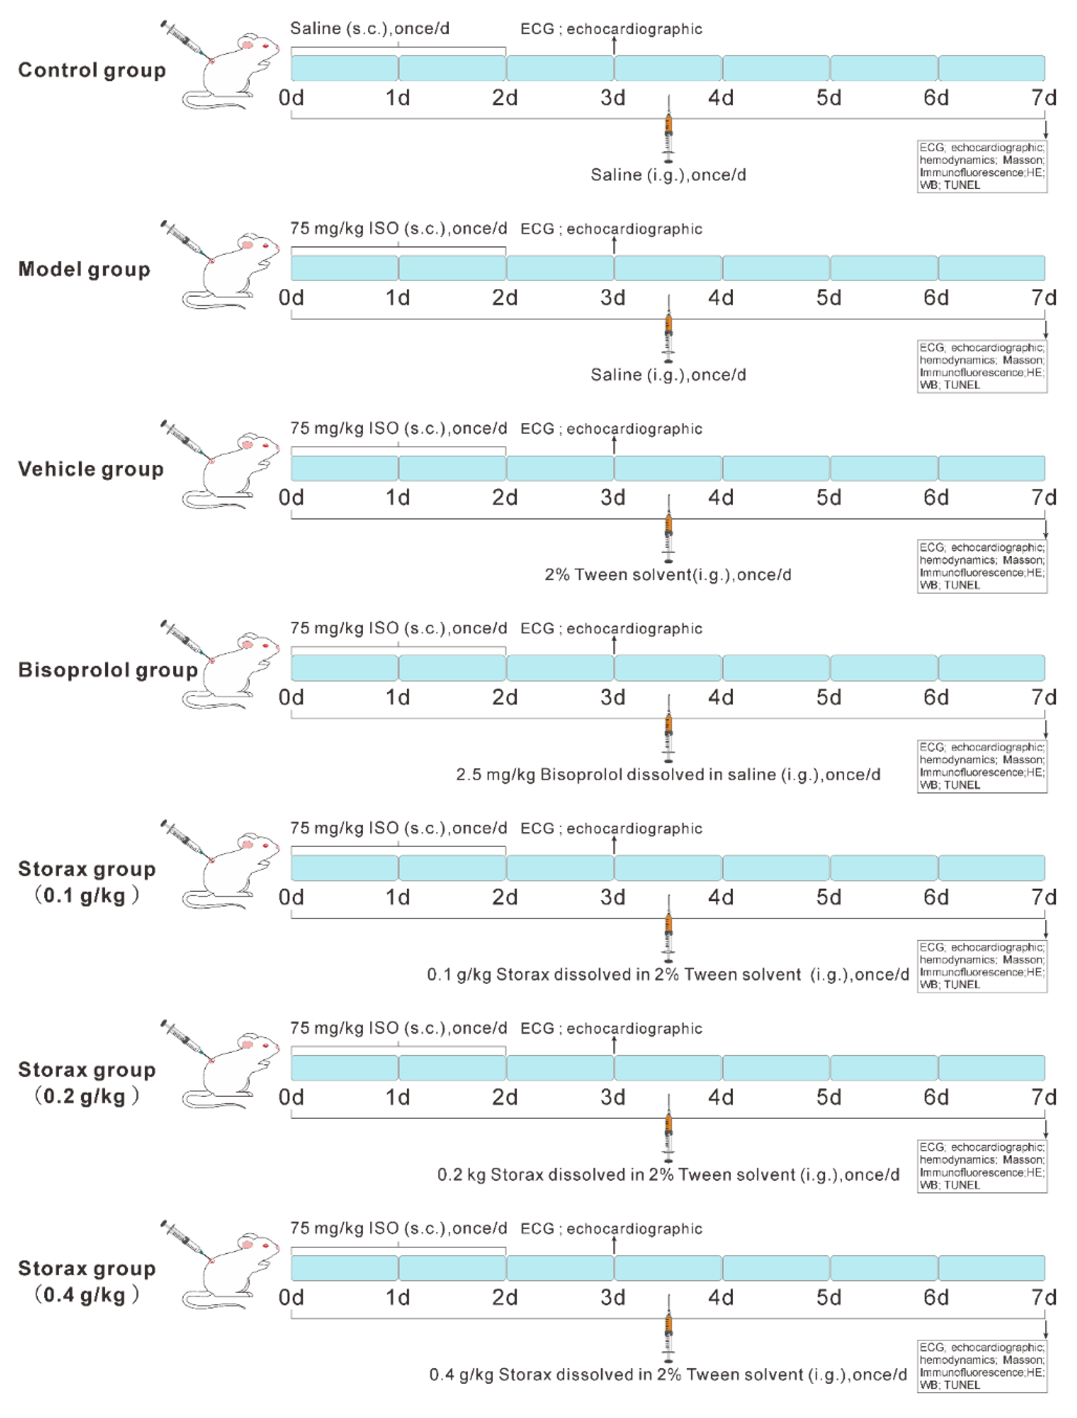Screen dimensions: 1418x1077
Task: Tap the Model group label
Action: click(x=84, y=269)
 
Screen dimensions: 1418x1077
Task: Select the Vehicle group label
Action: click(x=90, y=469)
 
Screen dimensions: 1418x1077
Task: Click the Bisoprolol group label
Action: click(x=108, y=670)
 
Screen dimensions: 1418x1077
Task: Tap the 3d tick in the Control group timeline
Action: click(x=613, y=98)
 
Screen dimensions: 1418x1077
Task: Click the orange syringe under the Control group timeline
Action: click(x=669, y=134)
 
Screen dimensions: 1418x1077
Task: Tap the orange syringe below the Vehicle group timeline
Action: click(x=669, y=535)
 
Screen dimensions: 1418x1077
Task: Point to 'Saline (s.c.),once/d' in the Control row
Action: click(x=370, y=29)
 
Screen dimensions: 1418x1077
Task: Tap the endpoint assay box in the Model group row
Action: click(x=982, y=367)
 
